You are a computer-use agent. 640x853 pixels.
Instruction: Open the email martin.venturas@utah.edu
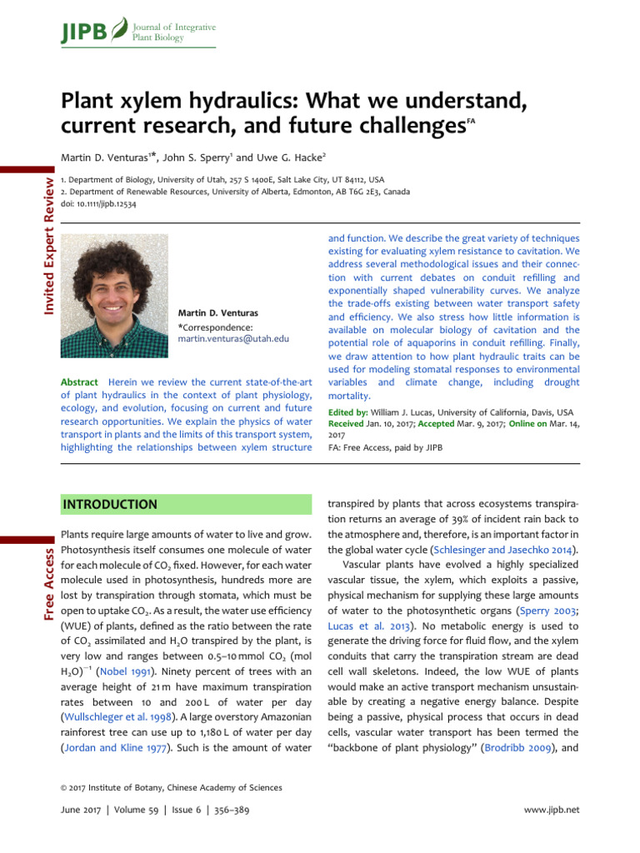[233, 339]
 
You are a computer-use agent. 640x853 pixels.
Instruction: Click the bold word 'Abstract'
[80, 381]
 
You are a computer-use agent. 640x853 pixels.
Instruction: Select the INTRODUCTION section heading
[110, 505]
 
